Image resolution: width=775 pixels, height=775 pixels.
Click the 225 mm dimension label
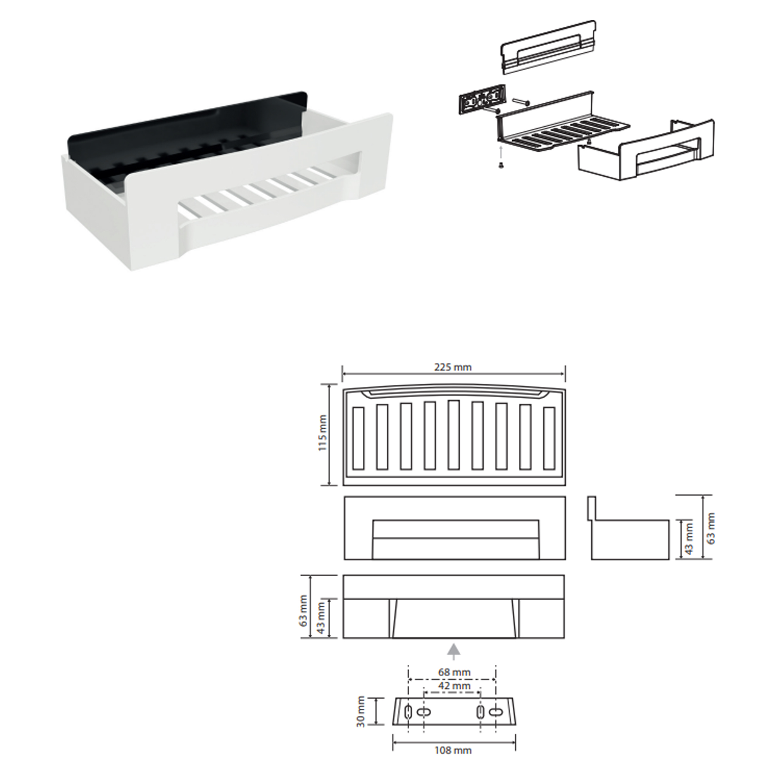click(453, 367)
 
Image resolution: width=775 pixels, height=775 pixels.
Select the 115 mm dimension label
click(323, 433)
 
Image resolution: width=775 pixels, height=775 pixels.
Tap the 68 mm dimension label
click(454, 672)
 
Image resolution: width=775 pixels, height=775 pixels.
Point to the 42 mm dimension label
click(454, 685)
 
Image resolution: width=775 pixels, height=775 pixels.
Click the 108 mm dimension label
click(453, 750)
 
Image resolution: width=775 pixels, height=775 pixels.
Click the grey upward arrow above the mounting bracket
click(454, 651)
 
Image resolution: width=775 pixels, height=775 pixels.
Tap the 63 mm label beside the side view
click(710, 528)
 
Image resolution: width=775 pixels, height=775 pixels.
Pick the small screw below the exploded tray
click(501, 164)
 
